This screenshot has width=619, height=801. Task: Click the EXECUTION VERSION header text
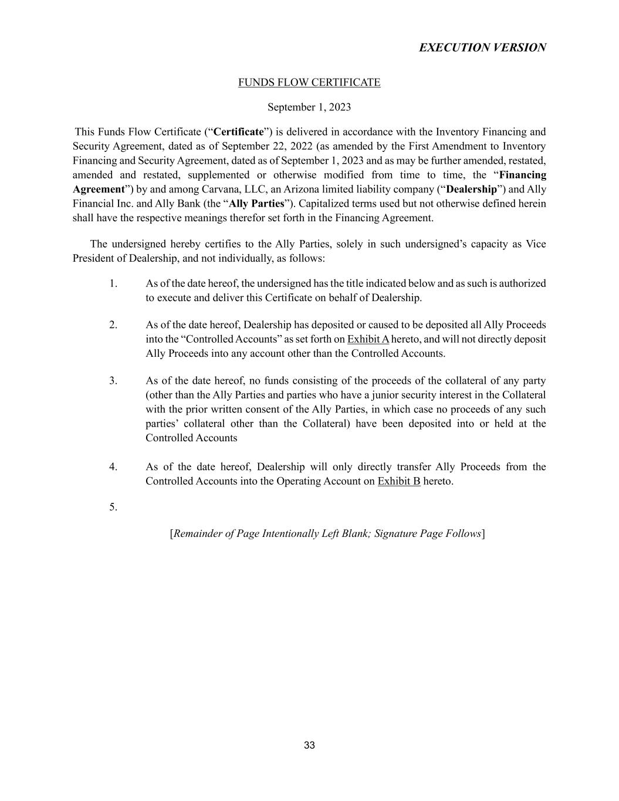point(482,48)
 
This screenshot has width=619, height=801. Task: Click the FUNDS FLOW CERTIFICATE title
point(309,83)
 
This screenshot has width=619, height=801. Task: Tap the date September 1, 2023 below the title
point(309,107)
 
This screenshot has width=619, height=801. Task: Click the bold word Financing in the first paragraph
point(522,175)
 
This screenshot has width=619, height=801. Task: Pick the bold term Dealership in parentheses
point(471,190)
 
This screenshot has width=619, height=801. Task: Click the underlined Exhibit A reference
point(368,339)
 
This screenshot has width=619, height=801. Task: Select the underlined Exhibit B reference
point(399,481)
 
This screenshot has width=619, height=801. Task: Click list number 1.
point(113,283)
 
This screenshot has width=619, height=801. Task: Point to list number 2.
point(113,325)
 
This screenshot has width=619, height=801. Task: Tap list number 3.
point(113,381)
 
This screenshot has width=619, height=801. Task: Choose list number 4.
point(113,467)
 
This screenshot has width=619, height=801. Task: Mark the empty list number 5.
point(113,508)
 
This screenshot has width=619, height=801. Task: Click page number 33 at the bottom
point(309,745)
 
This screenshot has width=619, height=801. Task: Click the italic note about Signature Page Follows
point(327,534)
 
